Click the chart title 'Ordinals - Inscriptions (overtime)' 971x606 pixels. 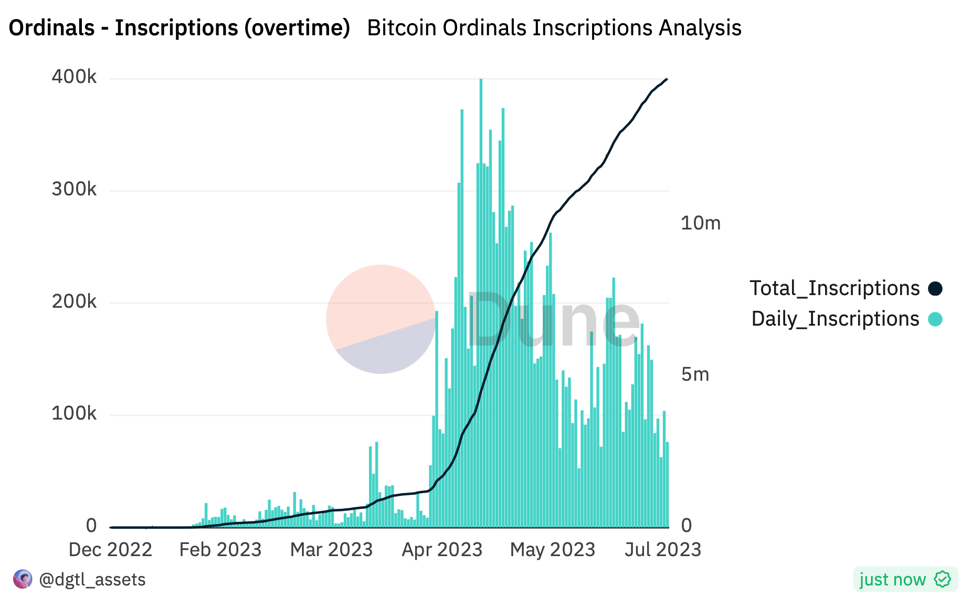tap(179, 28)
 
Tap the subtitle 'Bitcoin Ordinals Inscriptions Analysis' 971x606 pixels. tap(554, 28)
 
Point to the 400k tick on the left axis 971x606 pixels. tap(74, 77)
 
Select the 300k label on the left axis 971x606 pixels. tap(74, 189)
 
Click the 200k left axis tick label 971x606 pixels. tap(74, 301)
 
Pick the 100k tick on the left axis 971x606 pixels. tap(74, 413)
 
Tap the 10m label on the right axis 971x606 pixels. tap(700, 223)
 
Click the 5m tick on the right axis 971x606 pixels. tap(695, 374)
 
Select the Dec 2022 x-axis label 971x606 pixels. tap(110, 550)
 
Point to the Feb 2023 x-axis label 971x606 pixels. tap(220, 550)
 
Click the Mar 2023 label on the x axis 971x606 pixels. tap(331, 550)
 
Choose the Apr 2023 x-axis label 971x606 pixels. tap(442, 550)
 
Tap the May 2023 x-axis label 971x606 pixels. tap(553, 550)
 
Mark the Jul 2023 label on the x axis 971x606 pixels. tap(663, 550)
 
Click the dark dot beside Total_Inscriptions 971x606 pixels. tap(935, 288)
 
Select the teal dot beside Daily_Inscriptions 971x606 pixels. tap(935, 319)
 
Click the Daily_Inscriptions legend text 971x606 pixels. tap(835, 319)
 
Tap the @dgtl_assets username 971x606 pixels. tap(92, 579)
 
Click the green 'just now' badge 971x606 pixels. tap(905, 579)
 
